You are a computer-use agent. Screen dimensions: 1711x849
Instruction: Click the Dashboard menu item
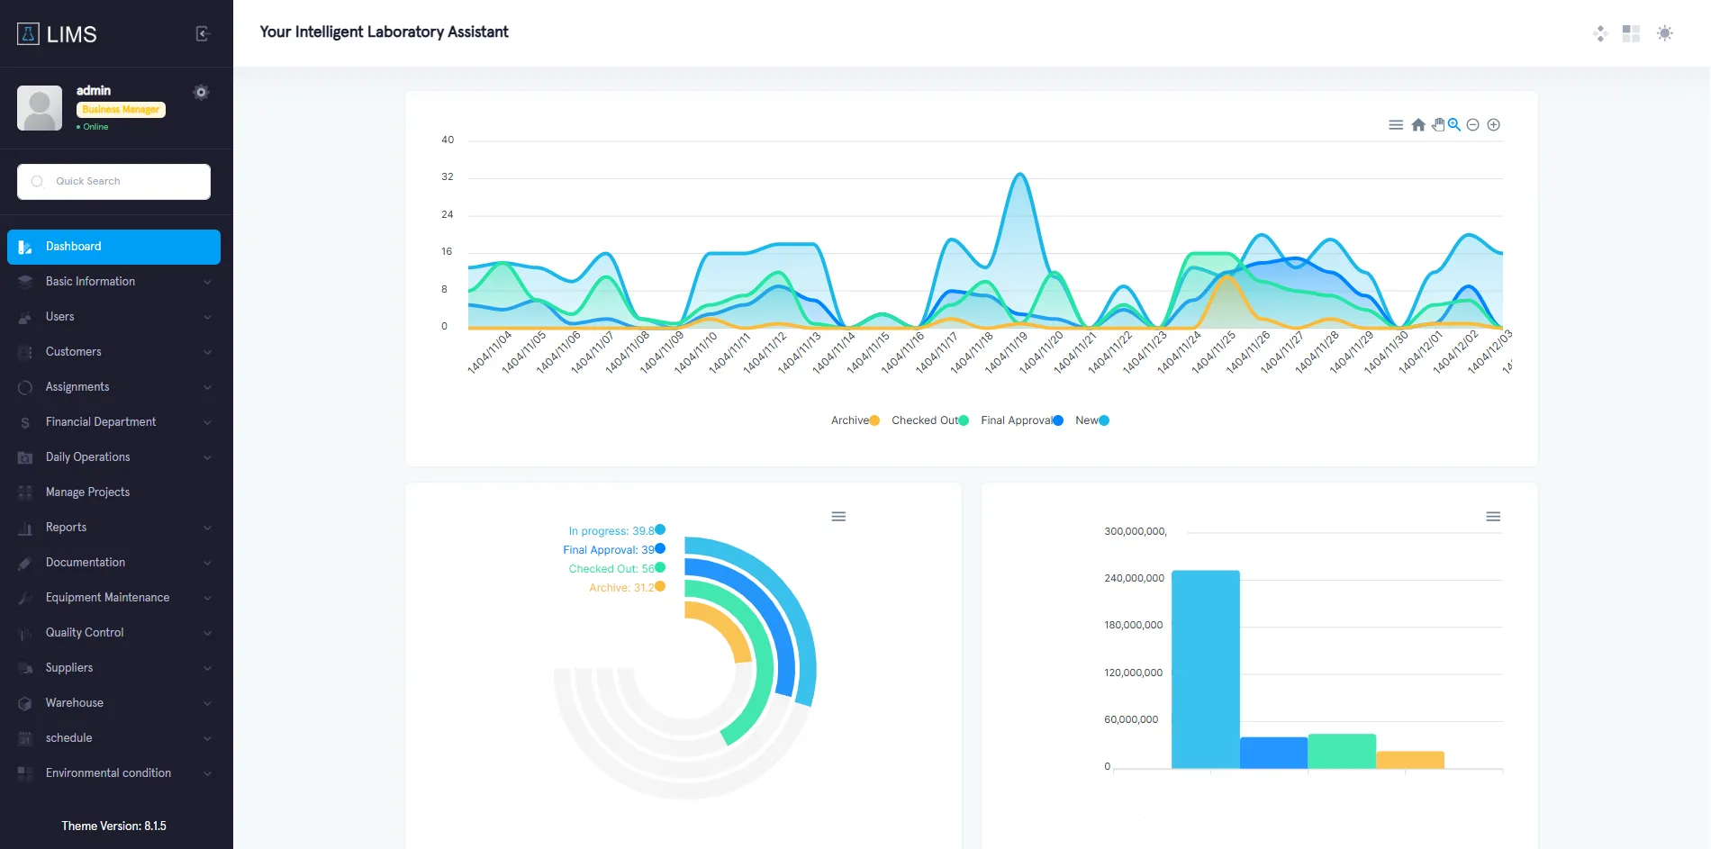113,247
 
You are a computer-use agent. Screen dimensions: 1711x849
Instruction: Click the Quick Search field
113,182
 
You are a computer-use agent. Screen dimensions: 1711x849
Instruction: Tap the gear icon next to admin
201,92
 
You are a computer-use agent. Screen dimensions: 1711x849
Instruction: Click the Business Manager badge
121,110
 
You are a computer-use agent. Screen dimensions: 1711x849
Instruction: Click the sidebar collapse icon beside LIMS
203,34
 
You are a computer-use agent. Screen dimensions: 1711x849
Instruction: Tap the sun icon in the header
1665,33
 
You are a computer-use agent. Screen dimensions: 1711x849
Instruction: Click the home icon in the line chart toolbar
1418,125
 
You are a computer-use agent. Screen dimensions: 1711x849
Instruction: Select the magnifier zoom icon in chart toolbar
1454,125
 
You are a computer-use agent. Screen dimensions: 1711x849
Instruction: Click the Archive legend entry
855,420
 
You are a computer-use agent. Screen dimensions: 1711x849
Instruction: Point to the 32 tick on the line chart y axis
448,177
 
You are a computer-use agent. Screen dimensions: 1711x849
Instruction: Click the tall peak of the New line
1019,174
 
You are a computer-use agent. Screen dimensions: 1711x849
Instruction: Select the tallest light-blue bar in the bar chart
1205,670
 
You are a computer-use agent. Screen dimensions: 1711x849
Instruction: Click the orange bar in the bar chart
1410,760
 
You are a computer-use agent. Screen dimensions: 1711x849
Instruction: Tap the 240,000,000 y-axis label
1134,578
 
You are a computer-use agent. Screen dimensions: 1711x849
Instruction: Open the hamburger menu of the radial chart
838,517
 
